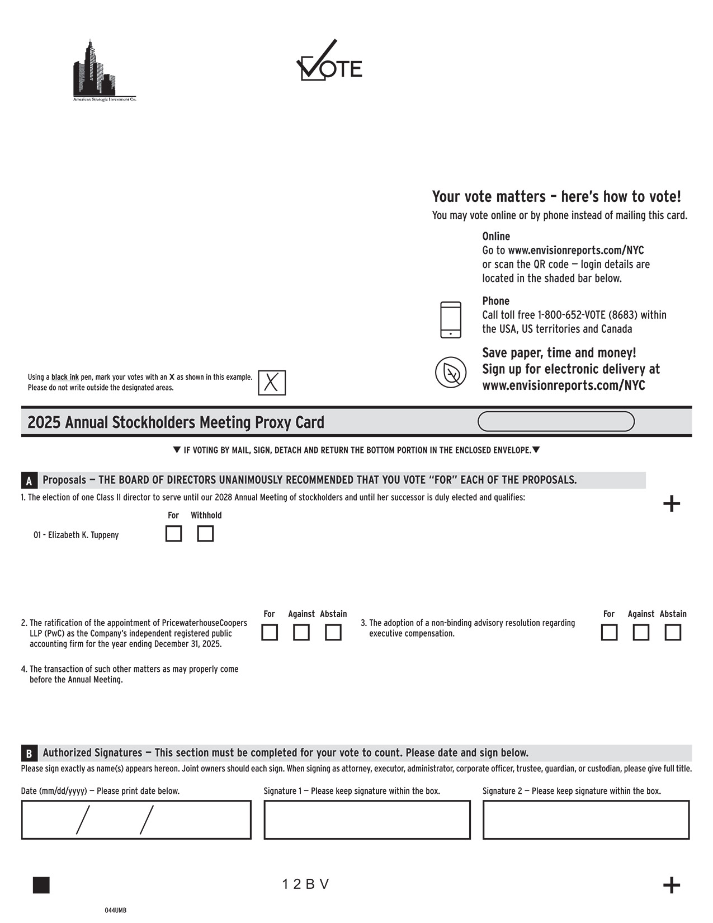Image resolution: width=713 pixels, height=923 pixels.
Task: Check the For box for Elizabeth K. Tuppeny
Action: (x=173, y=534)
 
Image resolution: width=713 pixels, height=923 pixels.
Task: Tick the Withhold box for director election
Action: (x=205, y=534)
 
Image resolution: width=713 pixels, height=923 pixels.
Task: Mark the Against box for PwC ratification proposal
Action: (x=301, y=633)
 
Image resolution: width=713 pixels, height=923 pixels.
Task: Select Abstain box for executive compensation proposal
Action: (x=673, y=633)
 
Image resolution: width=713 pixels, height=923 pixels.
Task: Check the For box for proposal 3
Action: (x=609, y=633)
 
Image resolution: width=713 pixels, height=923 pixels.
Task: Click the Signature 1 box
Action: (x=367, y=820)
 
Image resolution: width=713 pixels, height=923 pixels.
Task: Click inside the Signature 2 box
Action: (x=585, y=820)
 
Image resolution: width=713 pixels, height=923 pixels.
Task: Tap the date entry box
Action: (x=136, y=820)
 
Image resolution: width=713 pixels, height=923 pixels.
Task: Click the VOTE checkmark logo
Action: (x=328, y=62)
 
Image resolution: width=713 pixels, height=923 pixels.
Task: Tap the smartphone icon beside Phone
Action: (x=451, y=319)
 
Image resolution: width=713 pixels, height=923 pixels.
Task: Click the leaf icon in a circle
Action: (x=451, y=372)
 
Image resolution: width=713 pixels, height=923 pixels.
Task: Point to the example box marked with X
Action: (x=272, y=383)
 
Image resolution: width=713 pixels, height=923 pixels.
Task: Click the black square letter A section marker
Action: (x=29, y=481)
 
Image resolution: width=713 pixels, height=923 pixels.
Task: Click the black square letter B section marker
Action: (x=29, y=753)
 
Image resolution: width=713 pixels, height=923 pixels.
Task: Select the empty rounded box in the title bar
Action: (x=556, y=421)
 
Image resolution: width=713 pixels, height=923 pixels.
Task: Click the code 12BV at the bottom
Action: (x=305, y=884)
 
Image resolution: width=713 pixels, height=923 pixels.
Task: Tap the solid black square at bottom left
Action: (x=41, y=885)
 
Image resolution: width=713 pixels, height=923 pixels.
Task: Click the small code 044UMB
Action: (x=116, y=910)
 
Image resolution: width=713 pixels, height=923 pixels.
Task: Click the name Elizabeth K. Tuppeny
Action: (x=77, y=535)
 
